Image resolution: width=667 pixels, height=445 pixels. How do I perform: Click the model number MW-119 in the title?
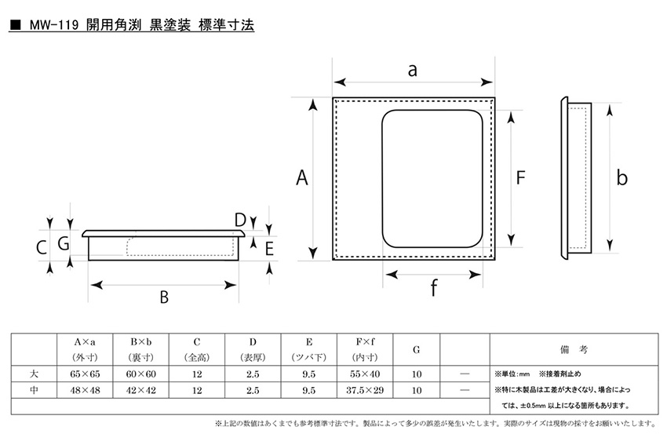tap(54, 26)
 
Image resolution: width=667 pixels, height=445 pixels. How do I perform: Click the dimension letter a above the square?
tap(412, 71)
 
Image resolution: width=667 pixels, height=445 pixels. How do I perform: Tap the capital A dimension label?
tap(302, 177)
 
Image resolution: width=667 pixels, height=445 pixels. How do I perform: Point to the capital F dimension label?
tap(521, 177)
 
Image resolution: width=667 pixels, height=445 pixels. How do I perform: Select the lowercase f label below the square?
tap(433, 287)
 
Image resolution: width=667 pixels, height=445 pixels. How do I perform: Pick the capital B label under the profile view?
tap(164, 297)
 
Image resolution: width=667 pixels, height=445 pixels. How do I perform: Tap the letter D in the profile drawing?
tap(240, 220)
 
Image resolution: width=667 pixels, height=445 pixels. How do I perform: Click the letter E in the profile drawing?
tap(269, 249)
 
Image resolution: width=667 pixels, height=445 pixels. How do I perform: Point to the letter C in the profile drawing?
tap(42, 247)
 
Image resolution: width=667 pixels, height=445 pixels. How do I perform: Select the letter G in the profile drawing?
tap(64, 244)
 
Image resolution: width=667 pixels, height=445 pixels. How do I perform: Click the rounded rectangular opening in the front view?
tap(432, 179)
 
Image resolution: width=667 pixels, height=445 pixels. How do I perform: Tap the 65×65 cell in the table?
tap(85, 374)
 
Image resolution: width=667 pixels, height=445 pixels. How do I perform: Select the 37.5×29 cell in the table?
tap(365, 390)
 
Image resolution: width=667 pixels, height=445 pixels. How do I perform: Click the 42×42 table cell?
tap(140, 390)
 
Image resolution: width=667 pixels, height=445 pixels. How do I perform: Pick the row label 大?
tap(34, 374)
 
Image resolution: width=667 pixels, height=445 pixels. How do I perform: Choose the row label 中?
tap(34, 390)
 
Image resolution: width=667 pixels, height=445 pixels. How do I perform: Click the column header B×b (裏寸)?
tap(140, 350)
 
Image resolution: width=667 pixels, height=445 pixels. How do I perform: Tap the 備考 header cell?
tap(574, 350)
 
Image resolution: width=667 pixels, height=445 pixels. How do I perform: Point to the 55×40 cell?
tap(365, 374)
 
